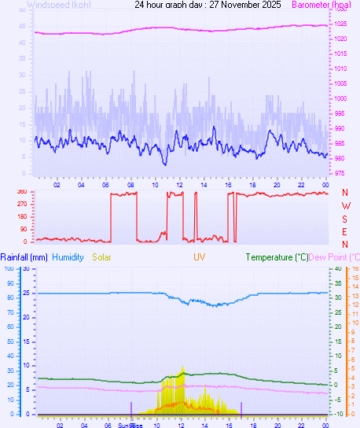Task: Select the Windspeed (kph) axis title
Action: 60,5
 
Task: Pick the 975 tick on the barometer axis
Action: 340,173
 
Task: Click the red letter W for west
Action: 345,205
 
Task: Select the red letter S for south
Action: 345,218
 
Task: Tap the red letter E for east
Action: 345,231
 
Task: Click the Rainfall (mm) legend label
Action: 24,257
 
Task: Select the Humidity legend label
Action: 68,257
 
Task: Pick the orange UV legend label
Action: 198,257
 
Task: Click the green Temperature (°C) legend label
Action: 277,257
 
